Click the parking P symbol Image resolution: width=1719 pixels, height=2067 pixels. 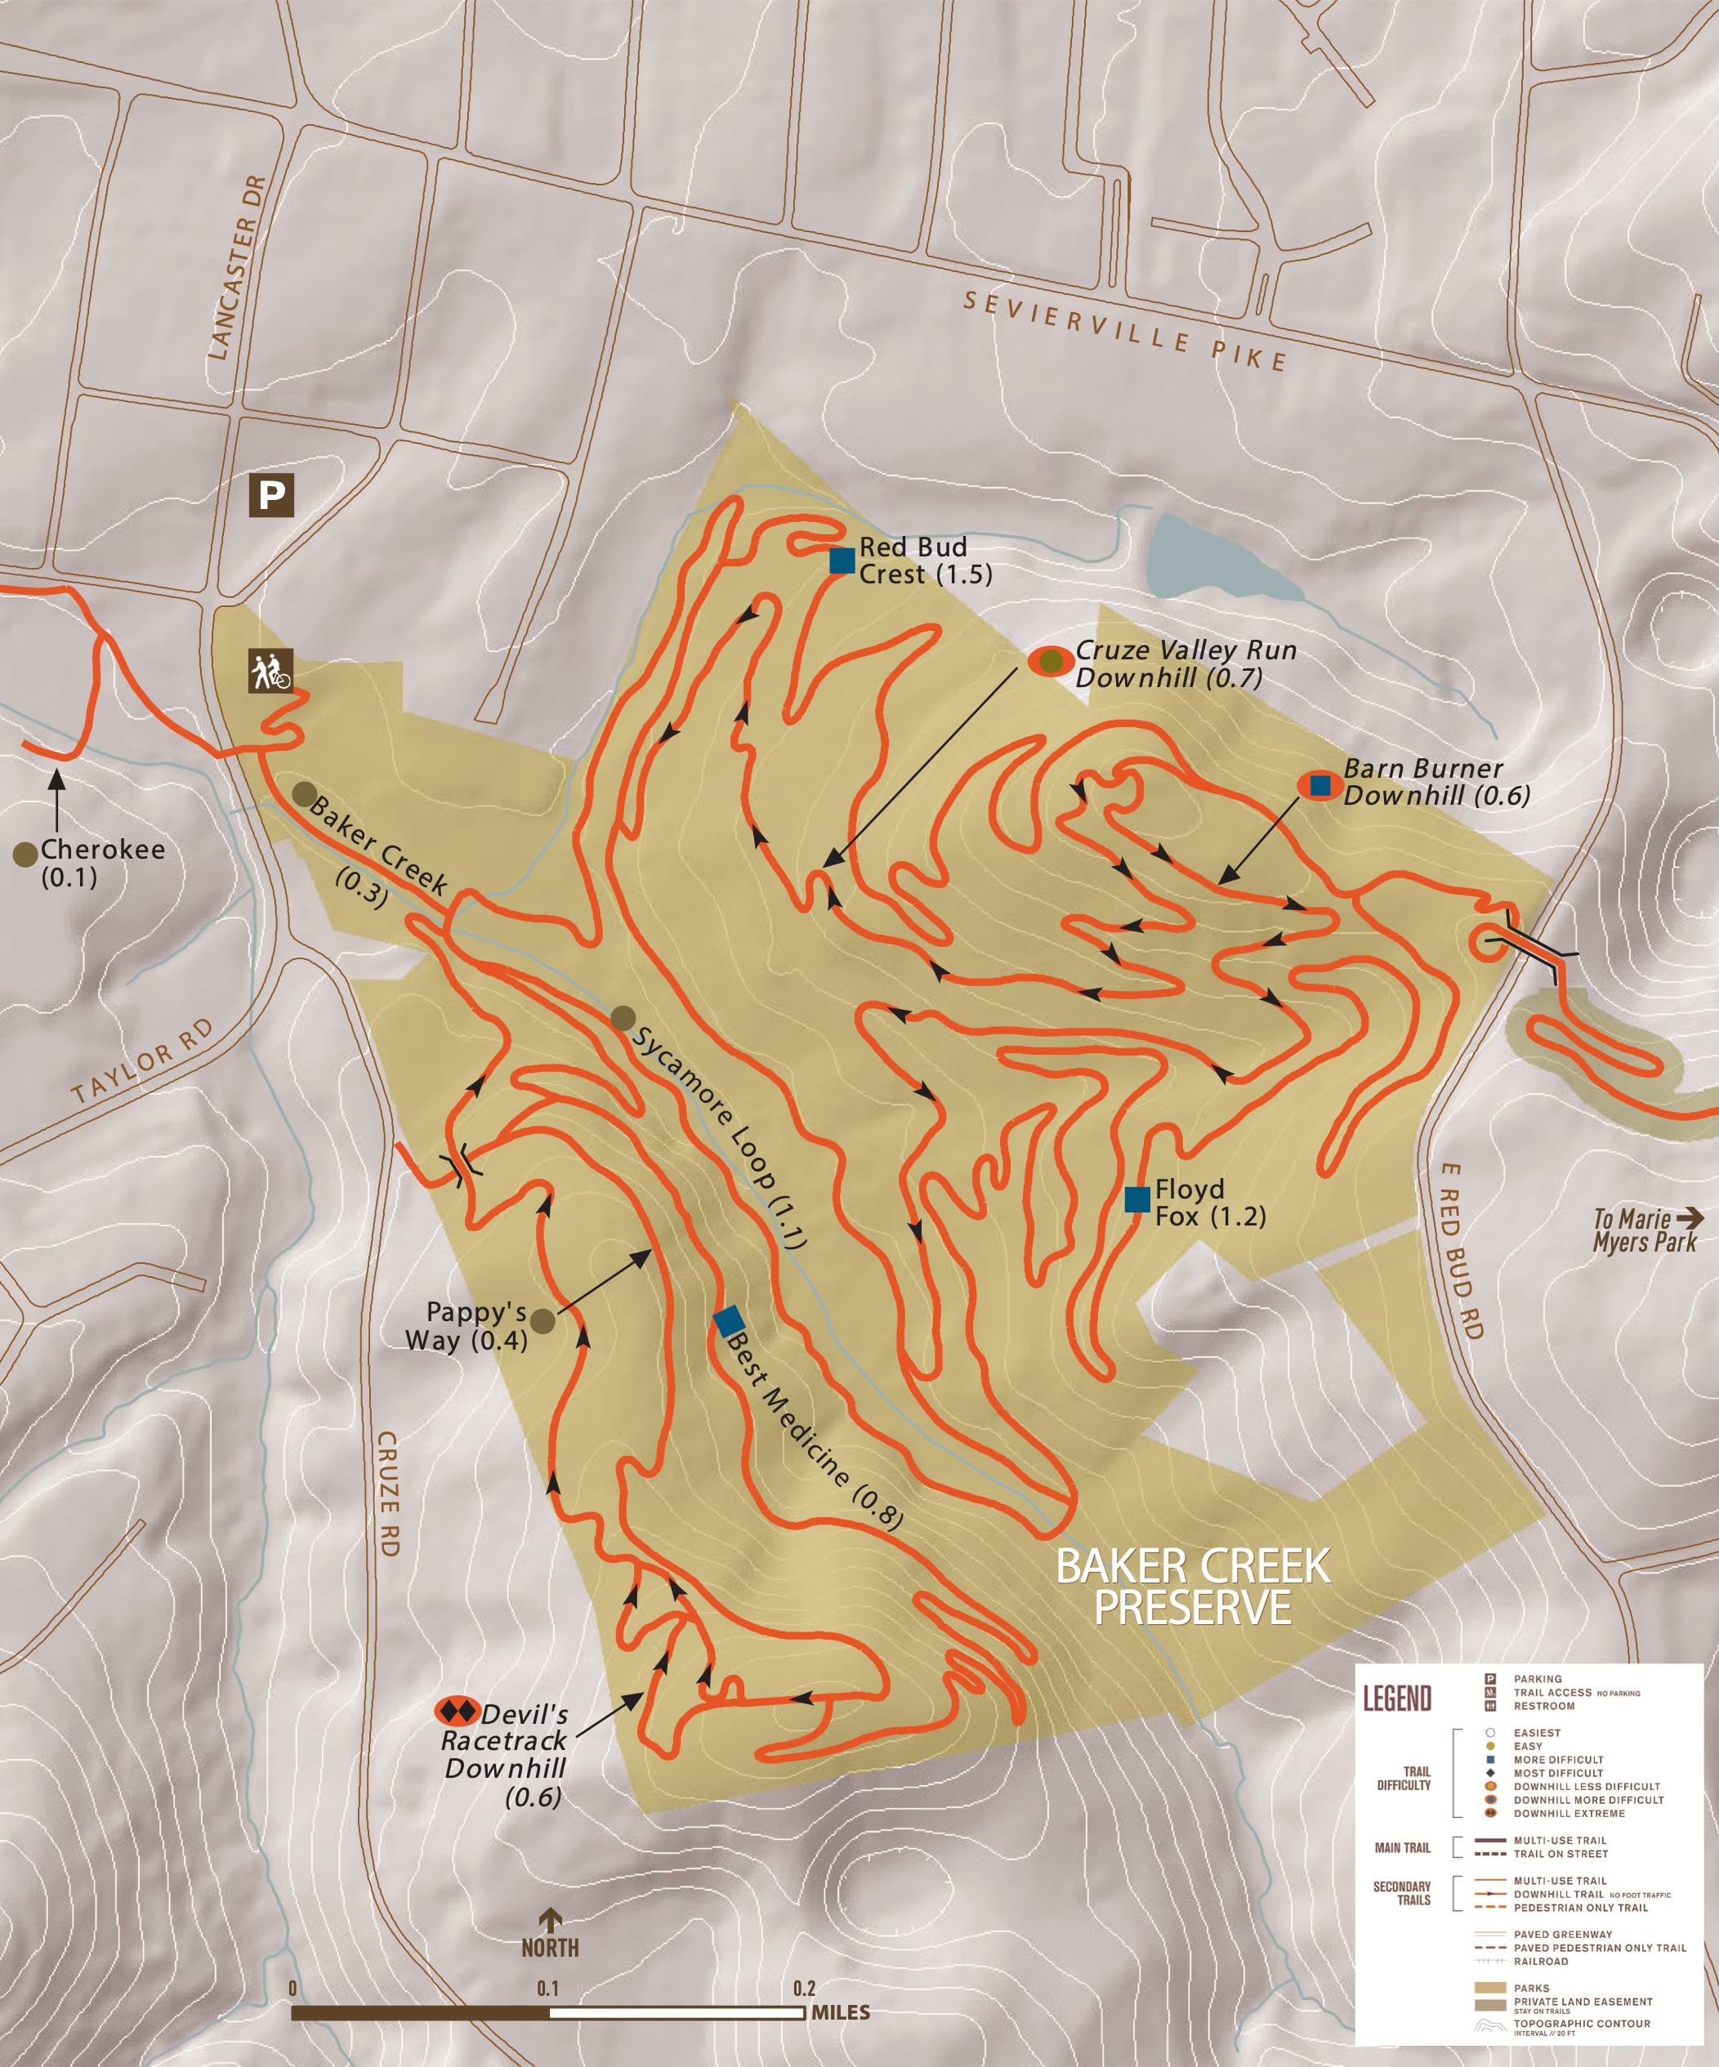coord(272,495)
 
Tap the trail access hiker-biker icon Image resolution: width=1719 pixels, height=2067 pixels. coord(270,672)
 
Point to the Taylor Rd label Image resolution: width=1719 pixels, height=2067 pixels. coord(144,1061)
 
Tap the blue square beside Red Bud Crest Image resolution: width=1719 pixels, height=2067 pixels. coord(842,561)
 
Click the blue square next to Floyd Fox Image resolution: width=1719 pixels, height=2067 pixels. coord(1137,1199)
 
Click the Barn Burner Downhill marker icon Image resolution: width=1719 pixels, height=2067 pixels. coord(1319,785)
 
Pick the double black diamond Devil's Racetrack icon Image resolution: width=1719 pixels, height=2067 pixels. coord(457,1711)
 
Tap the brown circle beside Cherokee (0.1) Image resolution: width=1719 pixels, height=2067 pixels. coord(25,854)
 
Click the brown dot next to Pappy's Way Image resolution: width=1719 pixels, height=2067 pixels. coord(542,1321)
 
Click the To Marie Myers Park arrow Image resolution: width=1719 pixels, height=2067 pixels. coord(1690,1218)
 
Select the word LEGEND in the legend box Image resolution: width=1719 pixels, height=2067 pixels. coord(1396,1698)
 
